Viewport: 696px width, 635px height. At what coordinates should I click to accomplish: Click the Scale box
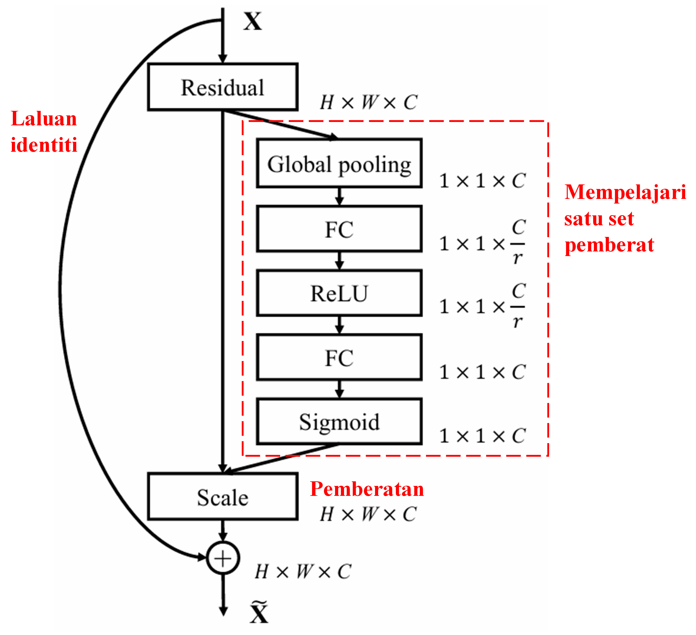point(223,497)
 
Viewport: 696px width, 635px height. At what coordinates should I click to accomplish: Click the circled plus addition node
point(223,558)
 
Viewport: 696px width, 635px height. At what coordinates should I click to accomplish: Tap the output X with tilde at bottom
point(259,612)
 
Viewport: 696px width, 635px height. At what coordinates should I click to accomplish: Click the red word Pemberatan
point(367,489)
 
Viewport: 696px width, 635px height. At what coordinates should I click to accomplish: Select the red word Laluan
point(44,119)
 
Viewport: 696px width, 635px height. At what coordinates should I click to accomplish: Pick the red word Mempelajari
point(625,192)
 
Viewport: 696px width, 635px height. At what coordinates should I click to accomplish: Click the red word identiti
point(44,145)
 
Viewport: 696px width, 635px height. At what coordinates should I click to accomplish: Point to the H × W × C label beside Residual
point(369,103)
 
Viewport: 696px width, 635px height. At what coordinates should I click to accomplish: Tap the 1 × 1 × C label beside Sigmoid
point(482,436)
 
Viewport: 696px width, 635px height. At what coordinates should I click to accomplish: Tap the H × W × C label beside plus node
point(303,572)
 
